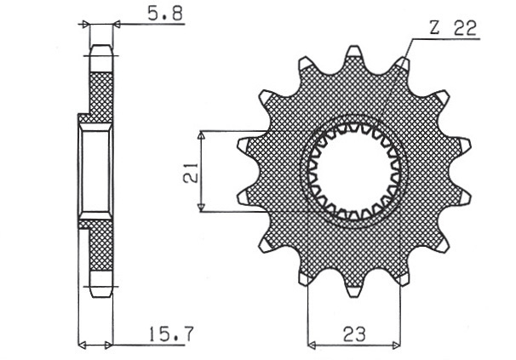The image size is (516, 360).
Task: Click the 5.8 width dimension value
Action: pos(165,14)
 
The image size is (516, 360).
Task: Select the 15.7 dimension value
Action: pos(171,334)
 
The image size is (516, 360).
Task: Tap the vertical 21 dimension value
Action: pos(192,172)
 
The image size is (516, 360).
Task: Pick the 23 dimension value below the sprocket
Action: pos(354,334)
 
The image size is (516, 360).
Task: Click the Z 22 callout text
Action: pos(454,28)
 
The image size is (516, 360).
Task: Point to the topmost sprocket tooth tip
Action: pos(353,47)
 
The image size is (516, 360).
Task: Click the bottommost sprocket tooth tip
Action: pos(353,296)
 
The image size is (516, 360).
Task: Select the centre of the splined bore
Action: pos(354,171)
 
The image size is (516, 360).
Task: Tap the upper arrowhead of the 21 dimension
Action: pos(202,135)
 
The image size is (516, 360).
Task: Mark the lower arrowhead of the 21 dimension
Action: pos(202,208)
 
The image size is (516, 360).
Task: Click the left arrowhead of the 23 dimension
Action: pos(312,346)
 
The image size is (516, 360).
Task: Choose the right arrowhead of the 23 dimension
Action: pos(397,346)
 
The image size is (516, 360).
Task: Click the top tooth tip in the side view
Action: pos(101,45)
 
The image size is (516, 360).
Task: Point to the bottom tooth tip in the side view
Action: pos(101,296)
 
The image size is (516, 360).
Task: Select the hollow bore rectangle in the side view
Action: pos(95,171)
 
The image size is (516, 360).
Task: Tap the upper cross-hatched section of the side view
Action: pos(101,97)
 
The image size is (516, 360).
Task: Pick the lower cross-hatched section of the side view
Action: pos(101,245)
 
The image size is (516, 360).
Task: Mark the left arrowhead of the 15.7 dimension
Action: pos(82,346)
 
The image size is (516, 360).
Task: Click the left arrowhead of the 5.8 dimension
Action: pos(85,24)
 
